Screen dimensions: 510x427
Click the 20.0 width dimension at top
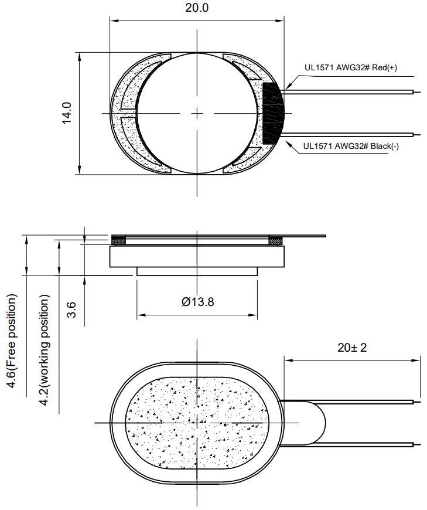coord(197,9)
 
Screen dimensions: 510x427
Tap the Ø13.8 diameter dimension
coord(197,302)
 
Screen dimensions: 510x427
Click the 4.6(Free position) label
coord(12,340)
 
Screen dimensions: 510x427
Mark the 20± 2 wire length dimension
coord(351,348)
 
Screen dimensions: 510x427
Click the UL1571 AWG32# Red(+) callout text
coord(350,67)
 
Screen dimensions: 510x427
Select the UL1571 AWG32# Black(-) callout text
coord(351,147)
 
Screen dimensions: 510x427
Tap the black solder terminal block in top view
coord(272,114)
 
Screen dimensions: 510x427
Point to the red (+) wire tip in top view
coord(416,91)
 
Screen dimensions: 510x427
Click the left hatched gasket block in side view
coord(119,240)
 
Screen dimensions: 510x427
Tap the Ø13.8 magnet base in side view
coord(197,271)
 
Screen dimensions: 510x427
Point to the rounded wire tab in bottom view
coord(310,422)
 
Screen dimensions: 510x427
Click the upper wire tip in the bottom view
coord(417,402)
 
